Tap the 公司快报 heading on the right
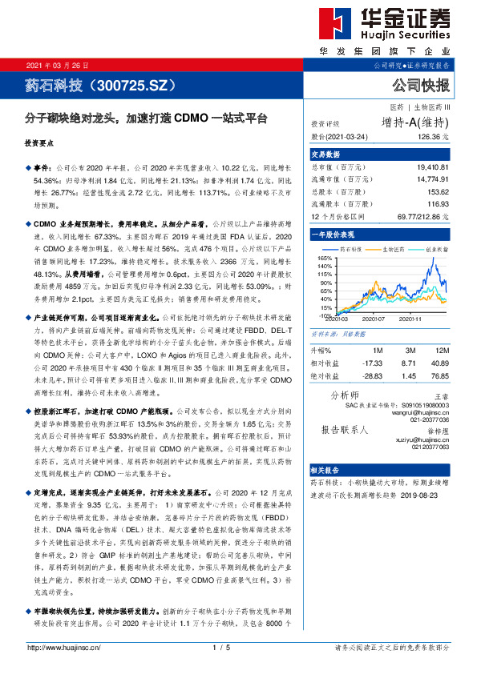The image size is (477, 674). click(x=420, y=84)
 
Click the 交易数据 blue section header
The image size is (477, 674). click(x=326, y=154)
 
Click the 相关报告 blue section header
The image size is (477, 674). click(x=326, y=470)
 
